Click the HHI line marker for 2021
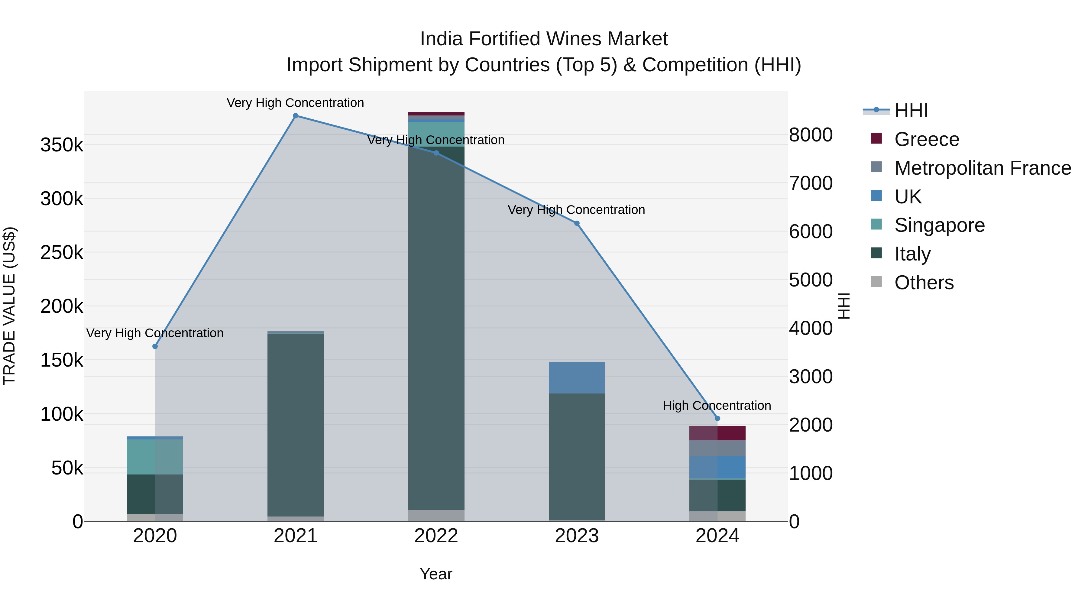[x=296, y=116]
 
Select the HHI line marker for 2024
[x=717, y=419]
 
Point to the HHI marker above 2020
[x=155, y=346]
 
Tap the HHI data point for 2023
[x=577, y=223]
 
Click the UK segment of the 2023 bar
[x=577, y=377]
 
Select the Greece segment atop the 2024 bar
[x=717, y=433]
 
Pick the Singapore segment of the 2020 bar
[x=155, y=457]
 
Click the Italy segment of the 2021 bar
[x=296, y=425]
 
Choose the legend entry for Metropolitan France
[x=983, y=168]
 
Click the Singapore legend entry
[x=939, y=225]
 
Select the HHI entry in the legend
[x=911, y=111]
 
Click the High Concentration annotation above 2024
[x=717, y=406]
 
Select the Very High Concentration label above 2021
[x=295, y=103]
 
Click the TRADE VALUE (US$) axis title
[x=9, y=306]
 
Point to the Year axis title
[x=436, y=574]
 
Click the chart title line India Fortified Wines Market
[x=544, y=39]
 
